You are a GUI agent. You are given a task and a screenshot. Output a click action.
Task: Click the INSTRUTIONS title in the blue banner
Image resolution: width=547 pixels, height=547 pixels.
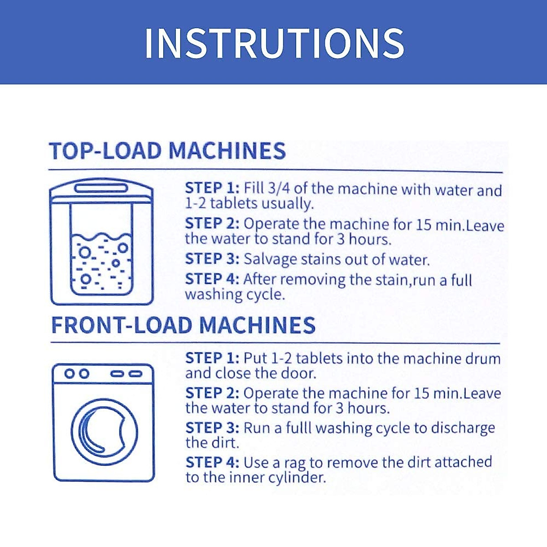274,43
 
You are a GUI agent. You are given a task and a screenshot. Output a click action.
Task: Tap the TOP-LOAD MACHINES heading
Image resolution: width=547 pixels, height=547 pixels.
167,151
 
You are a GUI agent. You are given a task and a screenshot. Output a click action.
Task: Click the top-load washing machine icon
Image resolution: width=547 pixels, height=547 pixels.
102,242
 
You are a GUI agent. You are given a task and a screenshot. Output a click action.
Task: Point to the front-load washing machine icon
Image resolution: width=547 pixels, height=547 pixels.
103,423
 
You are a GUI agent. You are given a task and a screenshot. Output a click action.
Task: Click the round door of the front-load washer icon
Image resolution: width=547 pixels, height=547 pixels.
72,432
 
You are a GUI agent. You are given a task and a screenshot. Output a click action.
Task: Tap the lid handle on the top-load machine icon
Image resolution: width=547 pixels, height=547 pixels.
101,188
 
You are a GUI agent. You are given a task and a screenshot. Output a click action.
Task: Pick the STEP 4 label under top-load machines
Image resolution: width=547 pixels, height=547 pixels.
212,279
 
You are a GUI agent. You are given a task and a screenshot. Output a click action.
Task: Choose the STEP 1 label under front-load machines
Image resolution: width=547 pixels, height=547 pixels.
212,358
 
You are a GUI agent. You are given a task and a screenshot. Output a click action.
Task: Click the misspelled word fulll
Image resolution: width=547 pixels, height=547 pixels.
299,428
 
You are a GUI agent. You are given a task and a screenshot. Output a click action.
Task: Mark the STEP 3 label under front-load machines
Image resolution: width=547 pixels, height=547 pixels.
212,428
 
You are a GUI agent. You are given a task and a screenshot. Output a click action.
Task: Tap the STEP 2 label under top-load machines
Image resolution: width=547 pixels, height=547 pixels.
212,224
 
